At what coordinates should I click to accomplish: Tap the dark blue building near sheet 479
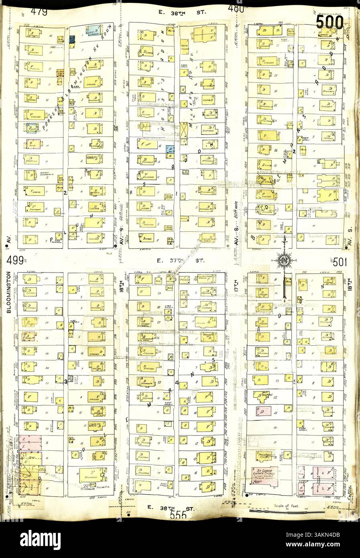click(x=73, y=39)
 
